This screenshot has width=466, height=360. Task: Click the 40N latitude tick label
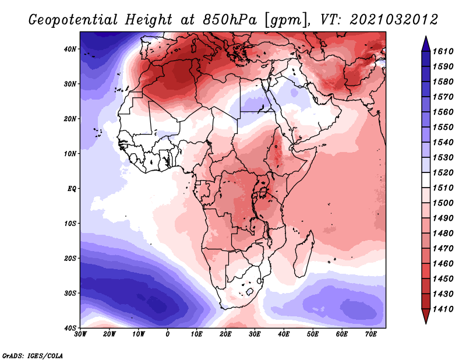click(x=70, y=49)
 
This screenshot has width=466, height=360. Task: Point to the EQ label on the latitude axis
click(x=72, y=189)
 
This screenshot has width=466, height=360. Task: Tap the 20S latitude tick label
click(x=70, y=258)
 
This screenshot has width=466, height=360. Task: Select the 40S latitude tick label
click(x=70, y=328)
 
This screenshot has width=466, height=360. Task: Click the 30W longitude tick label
click(x=80, y=334)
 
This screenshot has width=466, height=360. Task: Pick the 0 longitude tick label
click(x=168, y=334)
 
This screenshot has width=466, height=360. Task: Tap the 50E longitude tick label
click(x=313, y=334)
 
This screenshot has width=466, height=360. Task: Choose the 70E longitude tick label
click(x=371, y=334)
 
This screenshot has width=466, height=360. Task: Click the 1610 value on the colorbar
click(x=443, y=51)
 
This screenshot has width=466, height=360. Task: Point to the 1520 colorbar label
click(x=443, y=172)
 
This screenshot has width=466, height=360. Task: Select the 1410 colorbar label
click(x=443, y=309)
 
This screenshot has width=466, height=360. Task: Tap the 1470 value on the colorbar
click(x=443, y=249)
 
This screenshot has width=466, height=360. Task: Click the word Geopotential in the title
click(x=73, y=20)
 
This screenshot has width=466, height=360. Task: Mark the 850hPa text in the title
click(x=230, y=20)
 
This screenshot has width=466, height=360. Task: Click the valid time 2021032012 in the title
click(x=394, y=20)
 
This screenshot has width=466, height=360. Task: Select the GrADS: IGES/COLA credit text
click(x=33, y=355)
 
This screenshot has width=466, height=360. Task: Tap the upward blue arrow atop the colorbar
click(x=426, y=44)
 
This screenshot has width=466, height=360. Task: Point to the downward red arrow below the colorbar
click(x=426, y=316)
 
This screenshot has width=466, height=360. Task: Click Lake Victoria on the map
click(x=263, y=192)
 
